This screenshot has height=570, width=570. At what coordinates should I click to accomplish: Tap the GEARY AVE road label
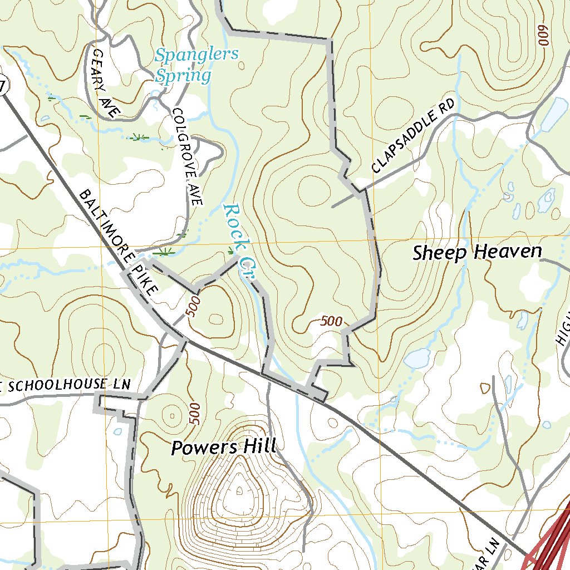(x=106, y=83)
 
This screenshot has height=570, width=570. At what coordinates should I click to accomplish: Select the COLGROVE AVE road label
(x=187, y=156)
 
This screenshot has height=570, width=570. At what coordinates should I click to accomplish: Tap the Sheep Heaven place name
(x=477, y=252)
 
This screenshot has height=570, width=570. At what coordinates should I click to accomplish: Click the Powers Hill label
(x=223, y=447)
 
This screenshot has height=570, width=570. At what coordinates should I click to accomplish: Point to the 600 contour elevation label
(x=543, y=36)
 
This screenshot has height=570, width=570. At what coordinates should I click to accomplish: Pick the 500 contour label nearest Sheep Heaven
(x=331, y=321)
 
